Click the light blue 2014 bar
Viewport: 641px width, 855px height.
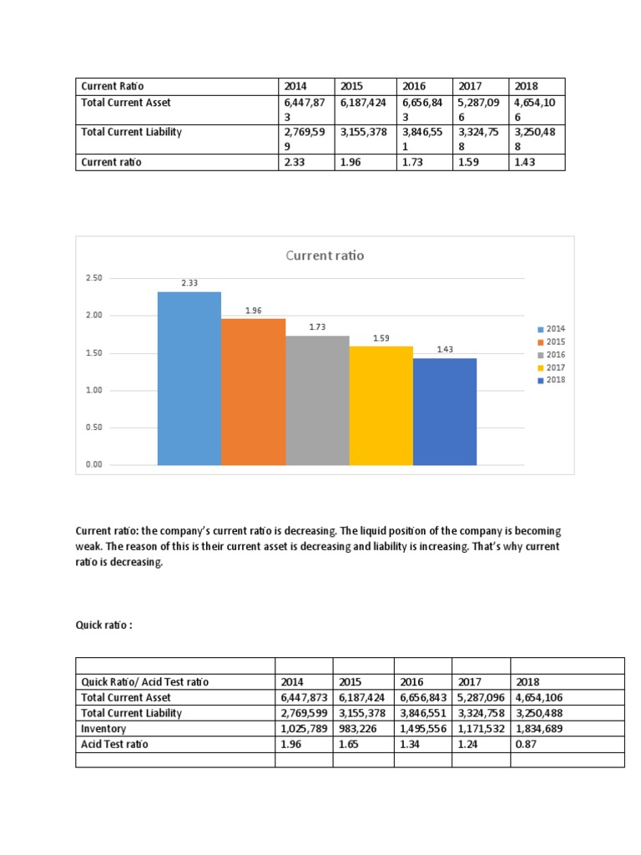pos(189,378)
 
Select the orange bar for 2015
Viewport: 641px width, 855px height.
pos(253,392)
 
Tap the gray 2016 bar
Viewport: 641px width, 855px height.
pos(317,400)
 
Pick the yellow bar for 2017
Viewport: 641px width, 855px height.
pos(381,405)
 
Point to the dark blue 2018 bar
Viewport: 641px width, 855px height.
pos(445,411)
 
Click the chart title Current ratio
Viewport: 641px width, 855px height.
pos(325,255)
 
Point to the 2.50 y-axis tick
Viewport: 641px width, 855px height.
pos(93,278)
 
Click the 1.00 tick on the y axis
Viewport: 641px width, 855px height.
pos(93,390)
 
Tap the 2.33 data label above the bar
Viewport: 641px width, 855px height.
pos(189,284)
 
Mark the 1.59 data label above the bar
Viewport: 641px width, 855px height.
pos(381,339)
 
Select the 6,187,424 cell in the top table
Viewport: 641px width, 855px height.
pos(362,103)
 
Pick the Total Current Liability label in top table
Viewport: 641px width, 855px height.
pos(131,132)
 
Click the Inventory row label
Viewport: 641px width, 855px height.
pos(103,729)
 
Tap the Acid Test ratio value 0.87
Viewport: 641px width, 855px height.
pos(527,744)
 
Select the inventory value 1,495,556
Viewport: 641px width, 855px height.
pos(423,729)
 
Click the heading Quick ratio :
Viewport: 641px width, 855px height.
pos(104,625)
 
